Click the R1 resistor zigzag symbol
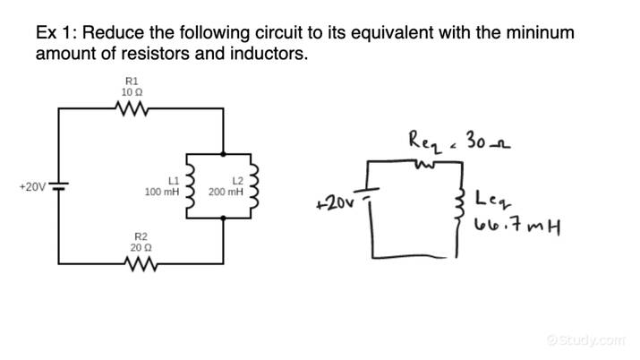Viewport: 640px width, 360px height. coord(131,108)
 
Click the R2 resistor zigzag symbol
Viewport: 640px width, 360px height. coord(141,265)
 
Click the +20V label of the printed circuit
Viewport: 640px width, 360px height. coord(32,187)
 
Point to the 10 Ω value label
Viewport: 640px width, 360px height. coord(131,92)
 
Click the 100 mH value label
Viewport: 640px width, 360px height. coord(162,192)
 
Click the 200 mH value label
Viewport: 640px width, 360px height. coord(226,192)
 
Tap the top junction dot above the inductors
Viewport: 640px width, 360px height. coord(222,154)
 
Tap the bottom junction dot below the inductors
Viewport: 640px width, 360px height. coord(222,218)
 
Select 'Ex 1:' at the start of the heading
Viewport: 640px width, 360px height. coord(56,33)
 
